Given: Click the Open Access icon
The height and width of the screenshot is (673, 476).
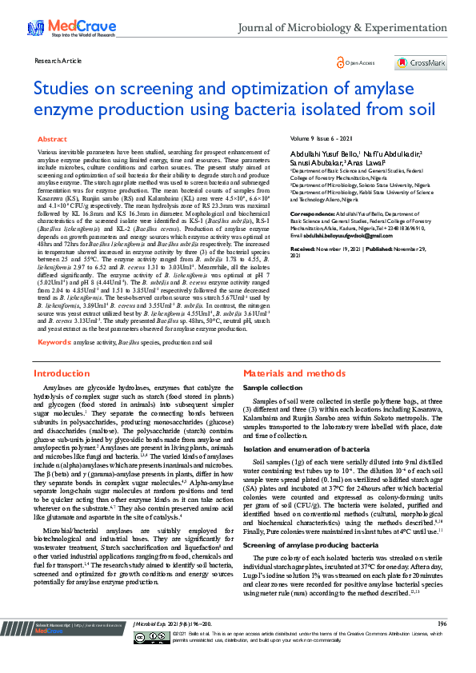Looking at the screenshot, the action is tap(342, 62).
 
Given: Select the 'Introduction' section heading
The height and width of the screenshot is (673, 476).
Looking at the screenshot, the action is tap(61, 373).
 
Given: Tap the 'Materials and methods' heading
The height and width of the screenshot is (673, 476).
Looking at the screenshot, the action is tap(294, 373).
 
